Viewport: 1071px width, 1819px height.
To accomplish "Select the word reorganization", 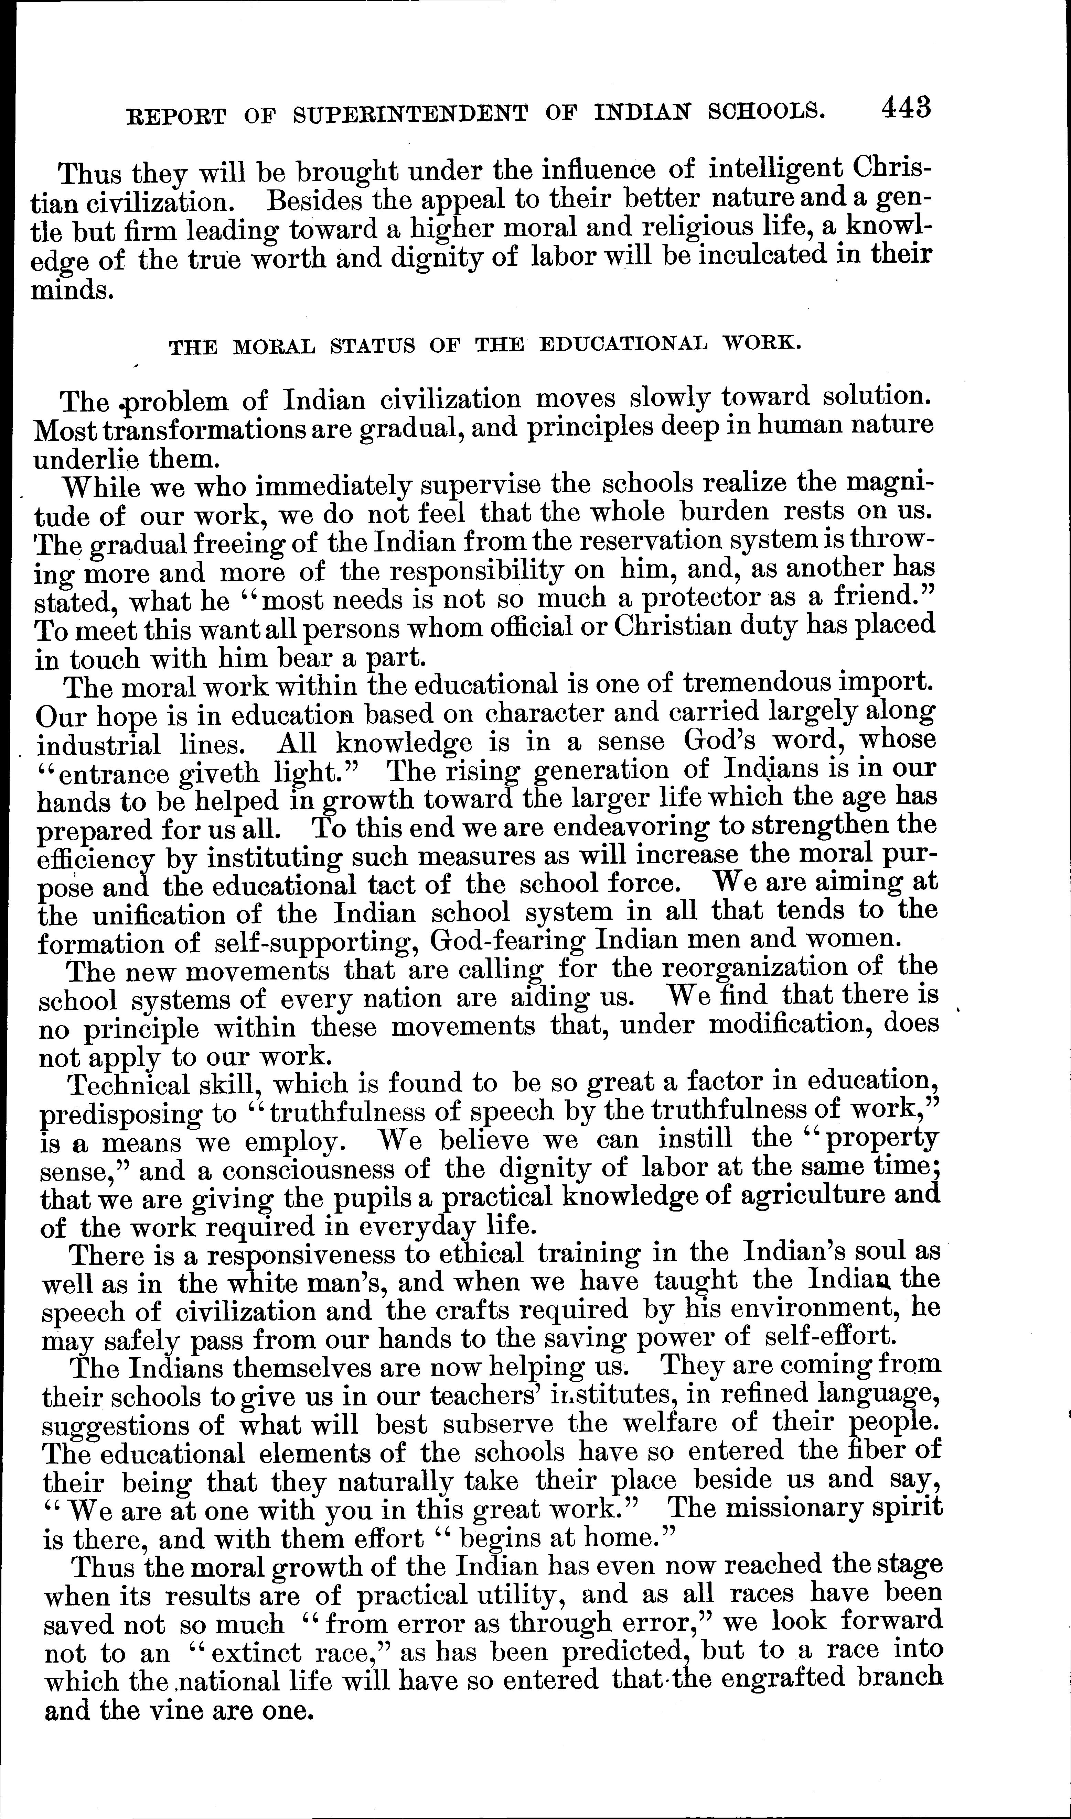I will tap(758, 966).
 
